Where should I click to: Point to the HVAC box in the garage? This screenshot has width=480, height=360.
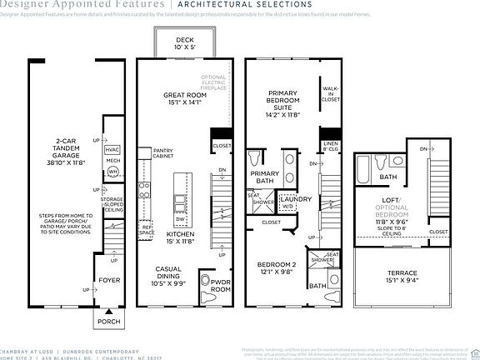[112, 149]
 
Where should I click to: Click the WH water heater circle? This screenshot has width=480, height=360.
[112, 172]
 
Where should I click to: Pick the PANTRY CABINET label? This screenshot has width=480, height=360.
[163, 153]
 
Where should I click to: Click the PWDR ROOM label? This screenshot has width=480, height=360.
[221, 285]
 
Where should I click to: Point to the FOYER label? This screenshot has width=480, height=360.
[109, 281]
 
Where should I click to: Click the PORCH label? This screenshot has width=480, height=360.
[109, 321]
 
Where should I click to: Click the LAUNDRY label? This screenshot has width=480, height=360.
[297, 200]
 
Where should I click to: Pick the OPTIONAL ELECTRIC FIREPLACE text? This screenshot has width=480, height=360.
[213, 87]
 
